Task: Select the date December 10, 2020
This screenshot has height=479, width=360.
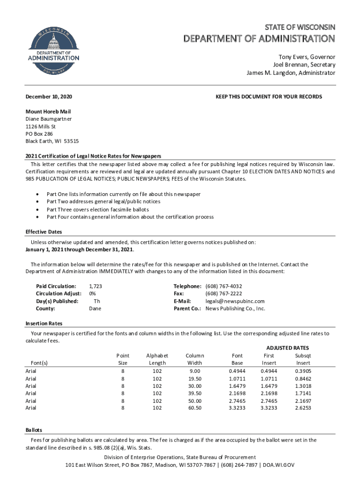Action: (49, 96)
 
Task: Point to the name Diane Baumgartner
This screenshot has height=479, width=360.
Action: (49, 119)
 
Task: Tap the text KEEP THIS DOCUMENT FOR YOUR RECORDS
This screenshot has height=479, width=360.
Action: (268, 96)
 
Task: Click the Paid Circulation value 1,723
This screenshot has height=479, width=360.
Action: (95, 286)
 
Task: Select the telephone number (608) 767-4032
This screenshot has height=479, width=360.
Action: (224, 286)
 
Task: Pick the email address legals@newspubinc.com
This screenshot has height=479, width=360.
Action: (235, 301)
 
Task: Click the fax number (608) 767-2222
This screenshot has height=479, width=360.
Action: (224, 294)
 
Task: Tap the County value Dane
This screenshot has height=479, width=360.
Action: (95, 309)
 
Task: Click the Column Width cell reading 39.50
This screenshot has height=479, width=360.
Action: (194, 393)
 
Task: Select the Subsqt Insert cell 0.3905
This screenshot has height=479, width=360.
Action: (303, 371)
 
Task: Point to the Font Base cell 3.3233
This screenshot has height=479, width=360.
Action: (237, 408)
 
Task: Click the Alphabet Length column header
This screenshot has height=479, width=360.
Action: (157, 359)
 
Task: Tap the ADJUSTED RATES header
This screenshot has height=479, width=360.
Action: (288, 348)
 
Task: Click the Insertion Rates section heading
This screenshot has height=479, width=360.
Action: (43, 324)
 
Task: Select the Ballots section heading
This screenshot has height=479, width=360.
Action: (34, 430)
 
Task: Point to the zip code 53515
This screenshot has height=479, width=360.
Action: (72, 141)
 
